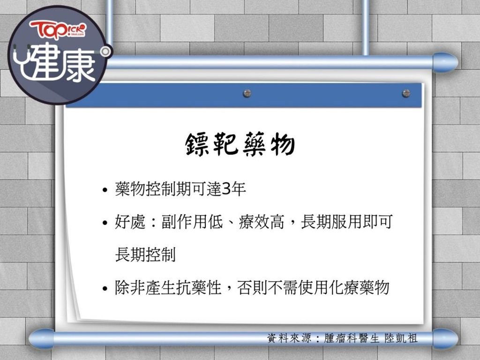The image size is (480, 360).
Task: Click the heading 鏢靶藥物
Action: coord(240,144)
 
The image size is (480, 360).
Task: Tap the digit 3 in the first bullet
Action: coord(226,189)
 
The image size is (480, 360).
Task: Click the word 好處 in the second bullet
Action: coord(130,222)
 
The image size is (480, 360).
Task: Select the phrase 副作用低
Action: coord(192,222)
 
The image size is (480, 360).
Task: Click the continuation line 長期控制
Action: coord(145,255)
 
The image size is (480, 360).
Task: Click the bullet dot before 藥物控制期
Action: coord(105,190)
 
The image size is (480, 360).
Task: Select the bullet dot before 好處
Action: coord(105,223)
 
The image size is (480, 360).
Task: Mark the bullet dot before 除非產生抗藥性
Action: coord(105,289)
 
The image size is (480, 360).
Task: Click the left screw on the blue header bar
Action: coord(247,93)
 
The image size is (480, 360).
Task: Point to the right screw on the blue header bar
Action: coord(406,93)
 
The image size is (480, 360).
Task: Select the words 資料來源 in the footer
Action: coord(289,338)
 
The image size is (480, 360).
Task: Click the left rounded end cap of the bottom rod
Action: coord(42,339)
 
